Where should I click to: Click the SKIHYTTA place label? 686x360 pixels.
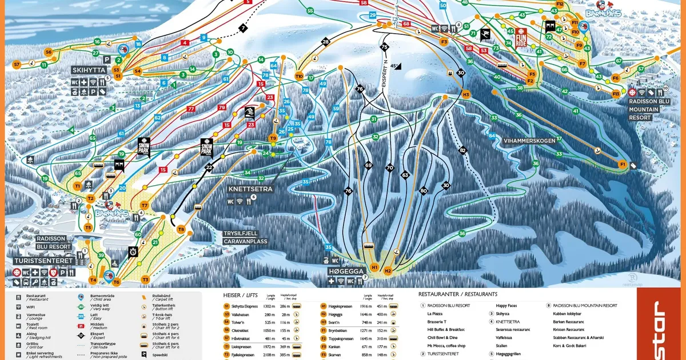pos(89,70)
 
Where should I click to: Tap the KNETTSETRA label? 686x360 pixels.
pos(250,189)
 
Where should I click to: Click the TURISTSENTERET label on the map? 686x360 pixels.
pos(44,261)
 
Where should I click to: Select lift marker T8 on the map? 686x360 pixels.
pos(181,230)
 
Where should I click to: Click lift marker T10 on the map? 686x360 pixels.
pos(299,76)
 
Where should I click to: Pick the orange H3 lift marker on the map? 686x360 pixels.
pos(466,94)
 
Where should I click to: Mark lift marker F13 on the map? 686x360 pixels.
pos(616,94)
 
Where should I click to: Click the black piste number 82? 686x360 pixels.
pos(463,150)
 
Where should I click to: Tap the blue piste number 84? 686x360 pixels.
pos(492,135)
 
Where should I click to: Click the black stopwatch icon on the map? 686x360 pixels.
pos(133,251)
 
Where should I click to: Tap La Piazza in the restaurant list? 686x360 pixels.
pos(435,314)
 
